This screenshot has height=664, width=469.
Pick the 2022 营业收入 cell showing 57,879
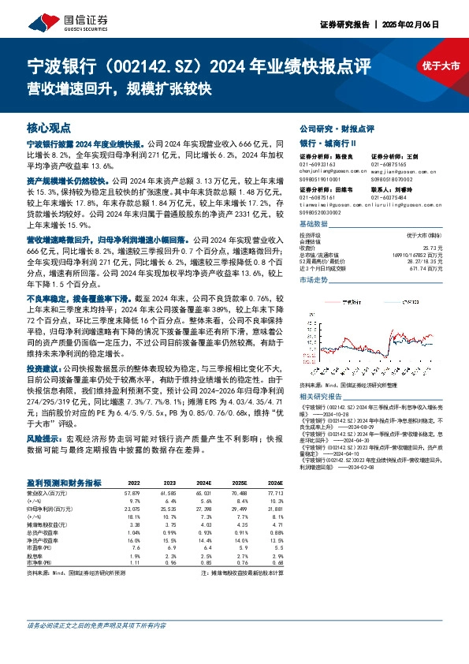[x=131, y=492]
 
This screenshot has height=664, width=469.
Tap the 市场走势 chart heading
[x=313, y=280]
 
